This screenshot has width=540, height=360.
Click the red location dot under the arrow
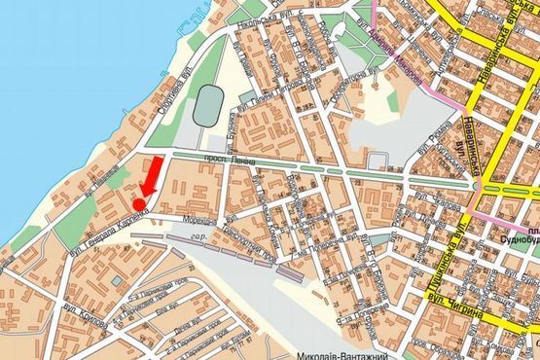[139, 203]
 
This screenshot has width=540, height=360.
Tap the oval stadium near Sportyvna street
[205, 104]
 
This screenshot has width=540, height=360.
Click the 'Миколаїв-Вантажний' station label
[332, 354]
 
